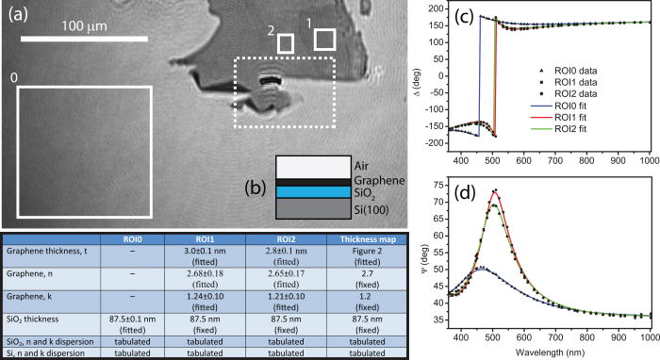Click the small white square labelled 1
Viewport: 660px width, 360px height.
[x=324, y=38]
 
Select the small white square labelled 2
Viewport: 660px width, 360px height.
[x=286, y=43]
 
